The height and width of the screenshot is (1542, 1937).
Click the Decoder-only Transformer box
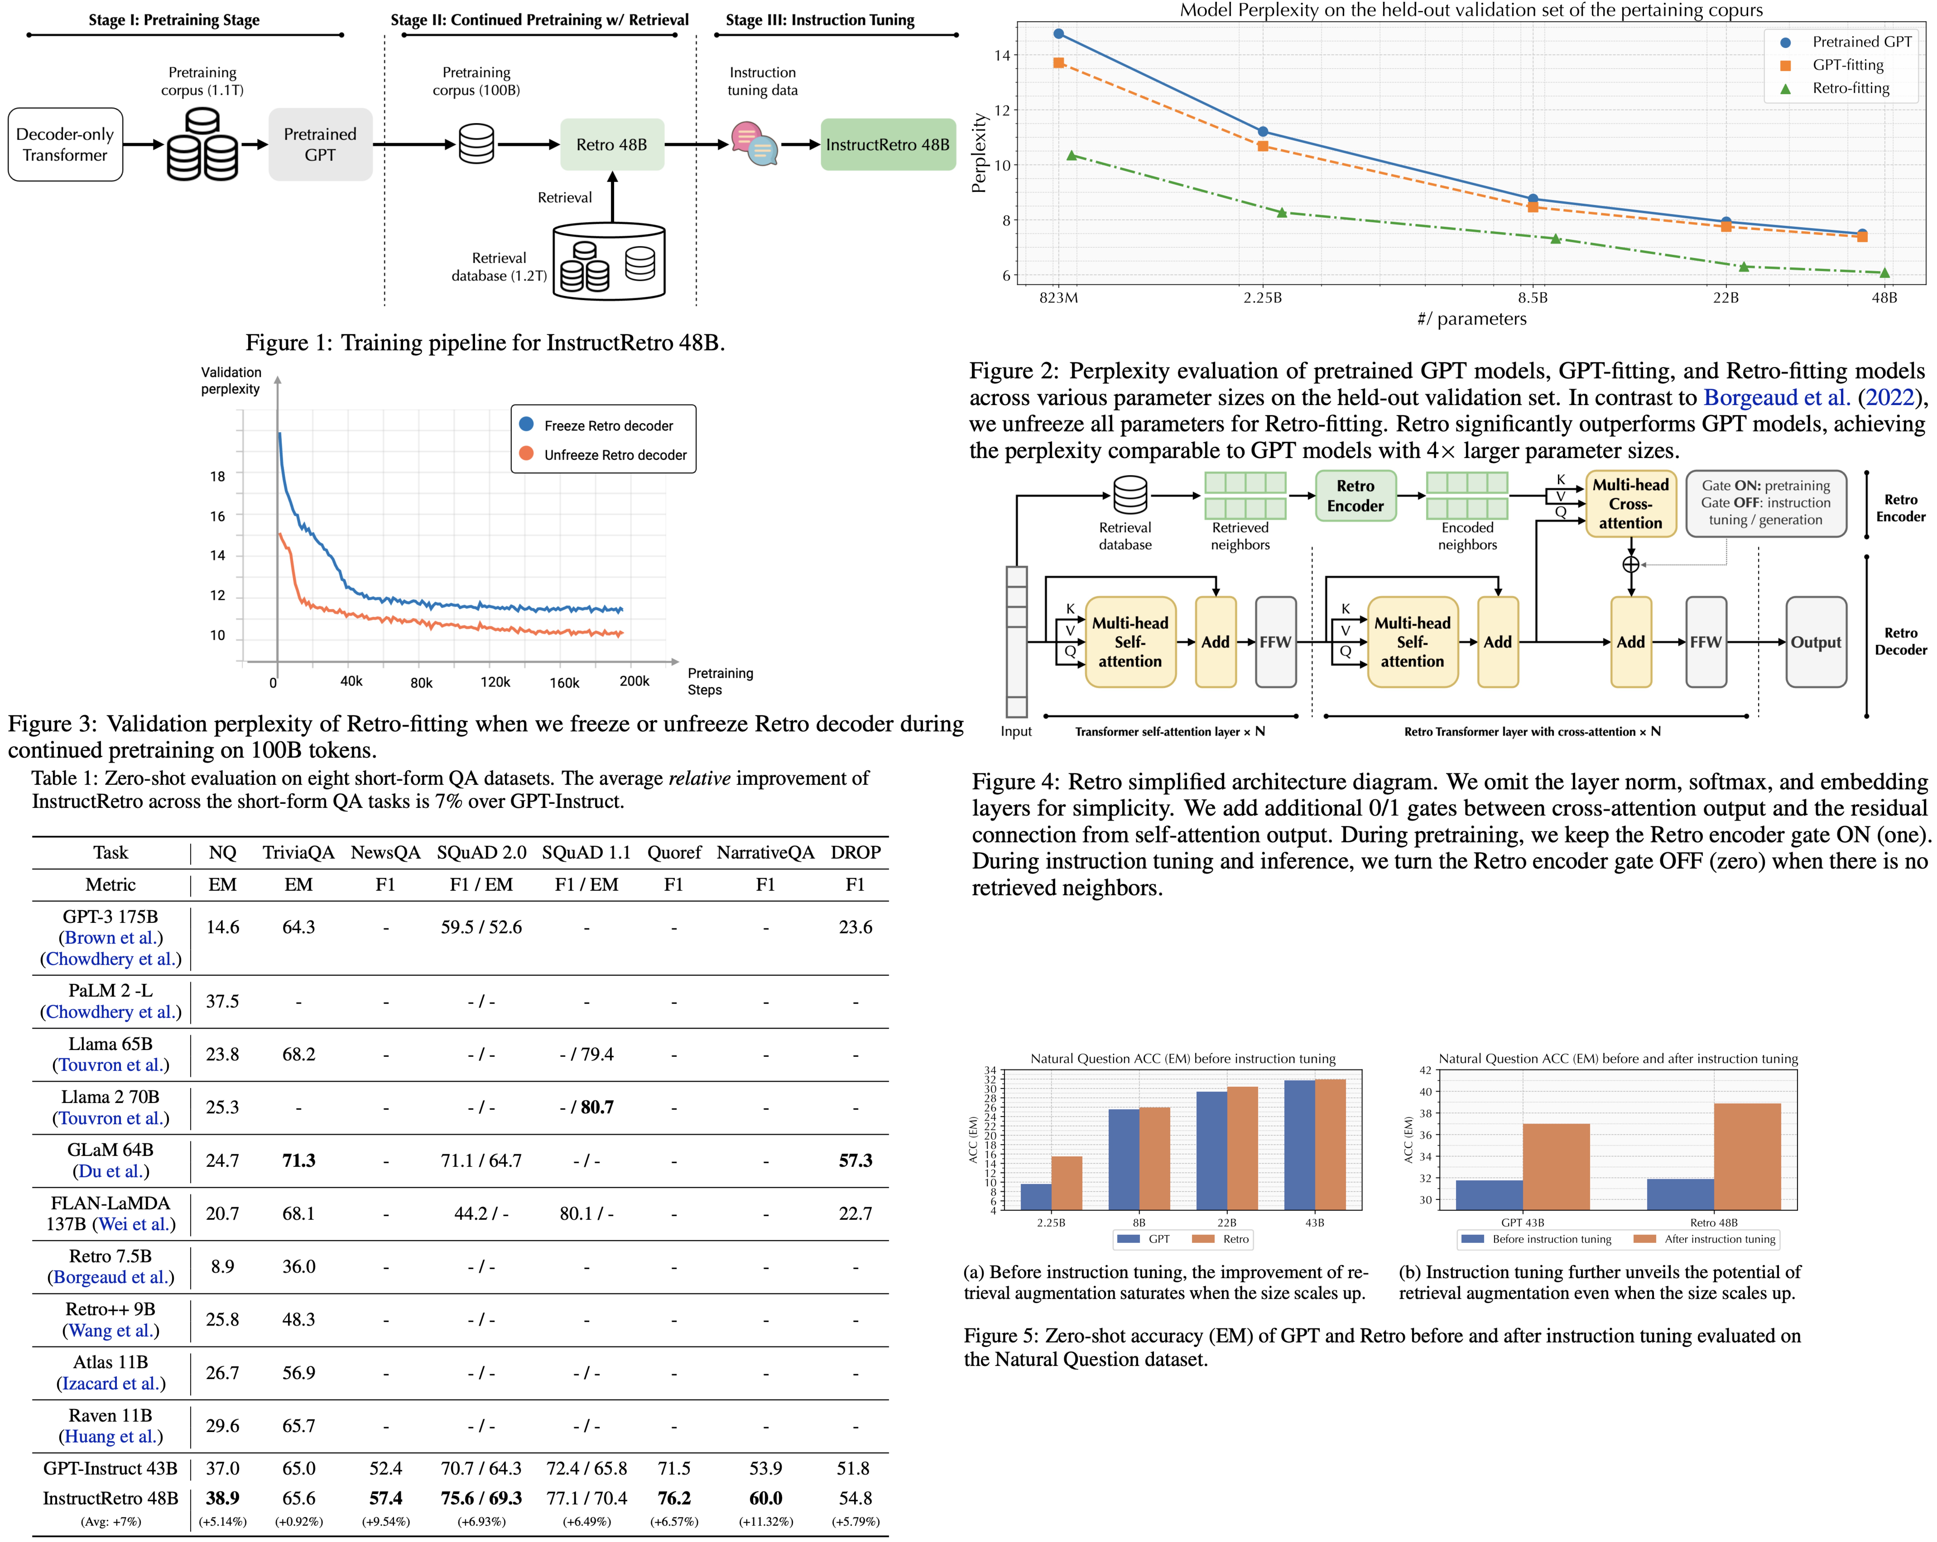65,145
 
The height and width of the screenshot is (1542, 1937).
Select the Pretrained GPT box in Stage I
320,145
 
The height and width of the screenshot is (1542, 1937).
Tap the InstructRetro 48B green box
888,145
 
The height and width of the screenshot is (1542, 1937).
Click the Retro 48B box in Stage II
612,145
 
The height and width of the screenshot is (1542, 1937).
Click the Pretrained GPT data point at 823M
1058,34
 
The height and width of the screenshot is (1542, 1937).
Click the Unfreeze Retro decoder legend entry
615,455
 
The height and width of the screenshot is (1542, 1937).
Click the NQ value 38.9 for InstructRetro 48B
222,1498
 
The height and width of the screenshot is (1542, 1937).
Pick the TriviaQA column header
298,852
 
